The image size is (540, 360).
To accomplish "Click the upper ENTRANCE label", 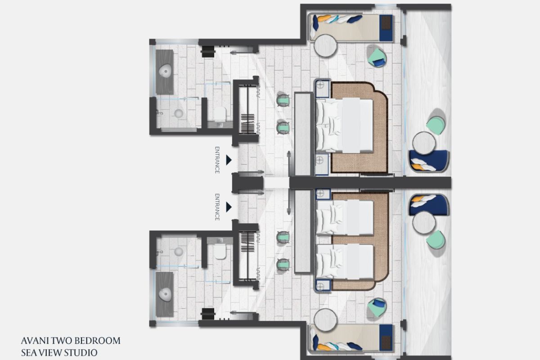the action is (x=217, y=160).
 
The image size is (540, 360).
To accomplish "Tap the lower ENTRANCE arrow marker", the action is (x=229, y=207).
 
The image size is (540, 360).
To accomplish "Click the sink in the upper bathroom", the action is (x=166, y=71).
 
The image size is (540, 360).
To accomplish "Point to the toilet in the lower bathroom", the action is (x=220, y=251).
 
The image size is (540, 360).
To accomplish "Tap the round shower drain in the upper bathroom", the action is (x=179, y=113).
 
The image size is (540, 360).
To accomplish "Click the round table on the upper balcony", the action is (x=424, y=143).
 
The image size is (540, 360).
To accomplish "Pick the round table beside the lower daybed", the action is (x=325, y=320).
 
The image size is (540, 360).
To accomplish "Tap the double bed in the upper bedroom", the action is (x=344, y=125).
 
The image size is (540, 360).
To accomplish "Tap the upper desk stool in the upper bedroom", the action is (x=283, y=99).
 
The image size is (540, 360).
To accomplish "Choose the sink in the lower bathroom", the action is (x=166, y=294).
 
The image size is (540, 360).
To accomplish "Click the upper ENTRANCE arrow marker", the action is (x=229, y=160).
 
